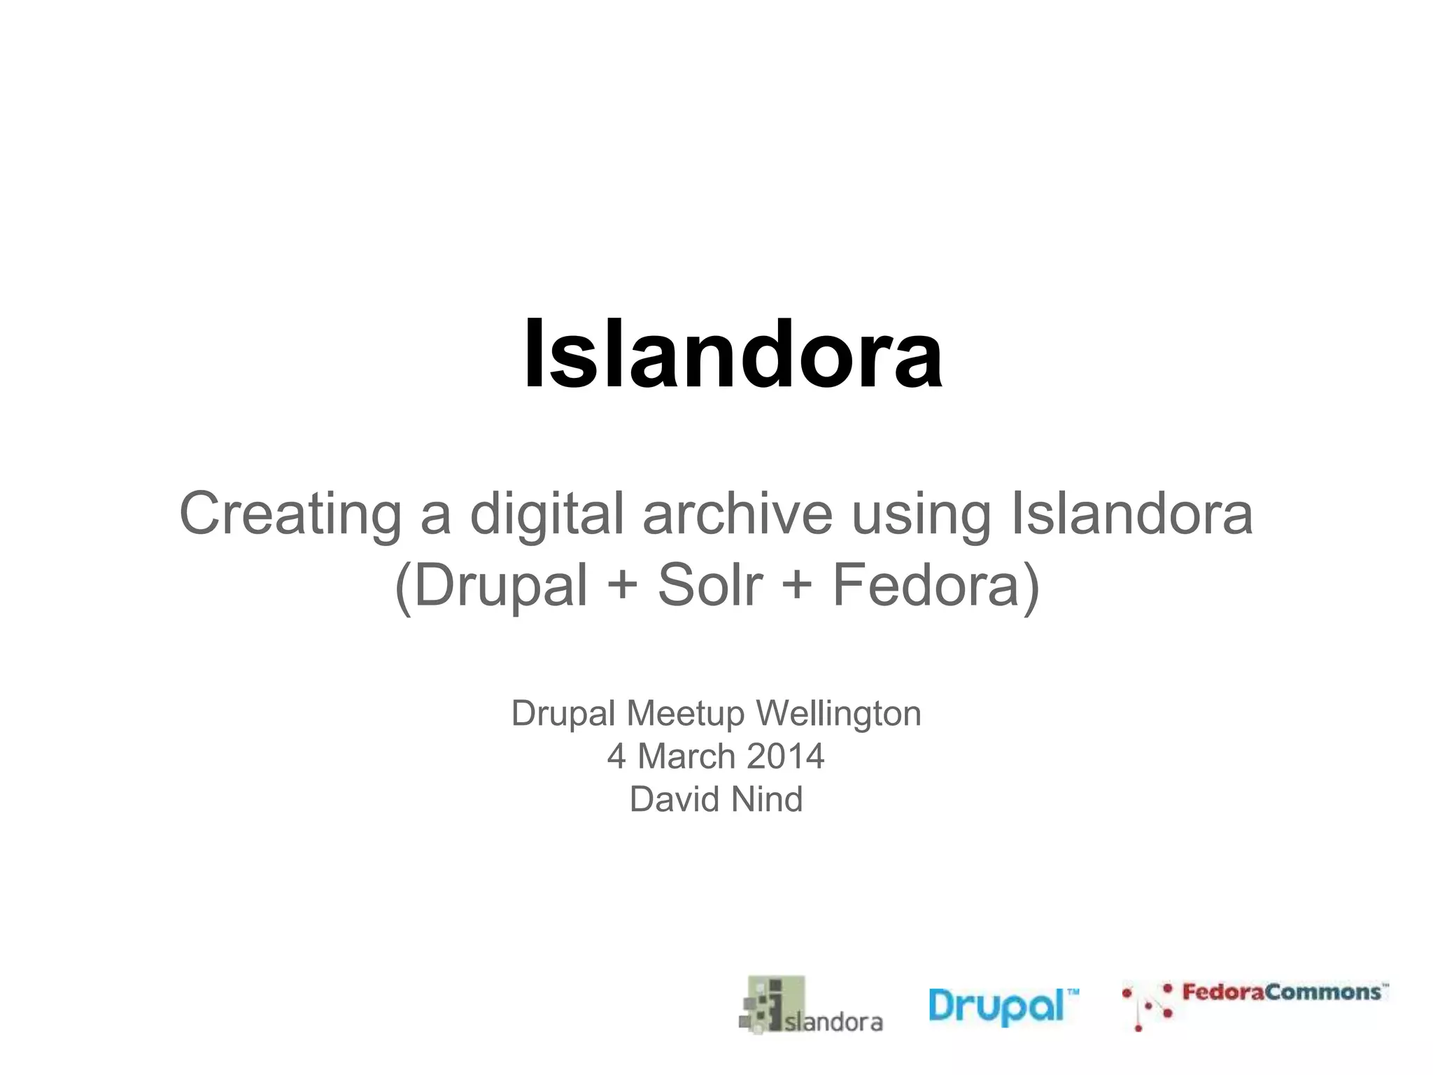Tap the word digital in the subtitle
546,514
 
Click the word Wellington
838,715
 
